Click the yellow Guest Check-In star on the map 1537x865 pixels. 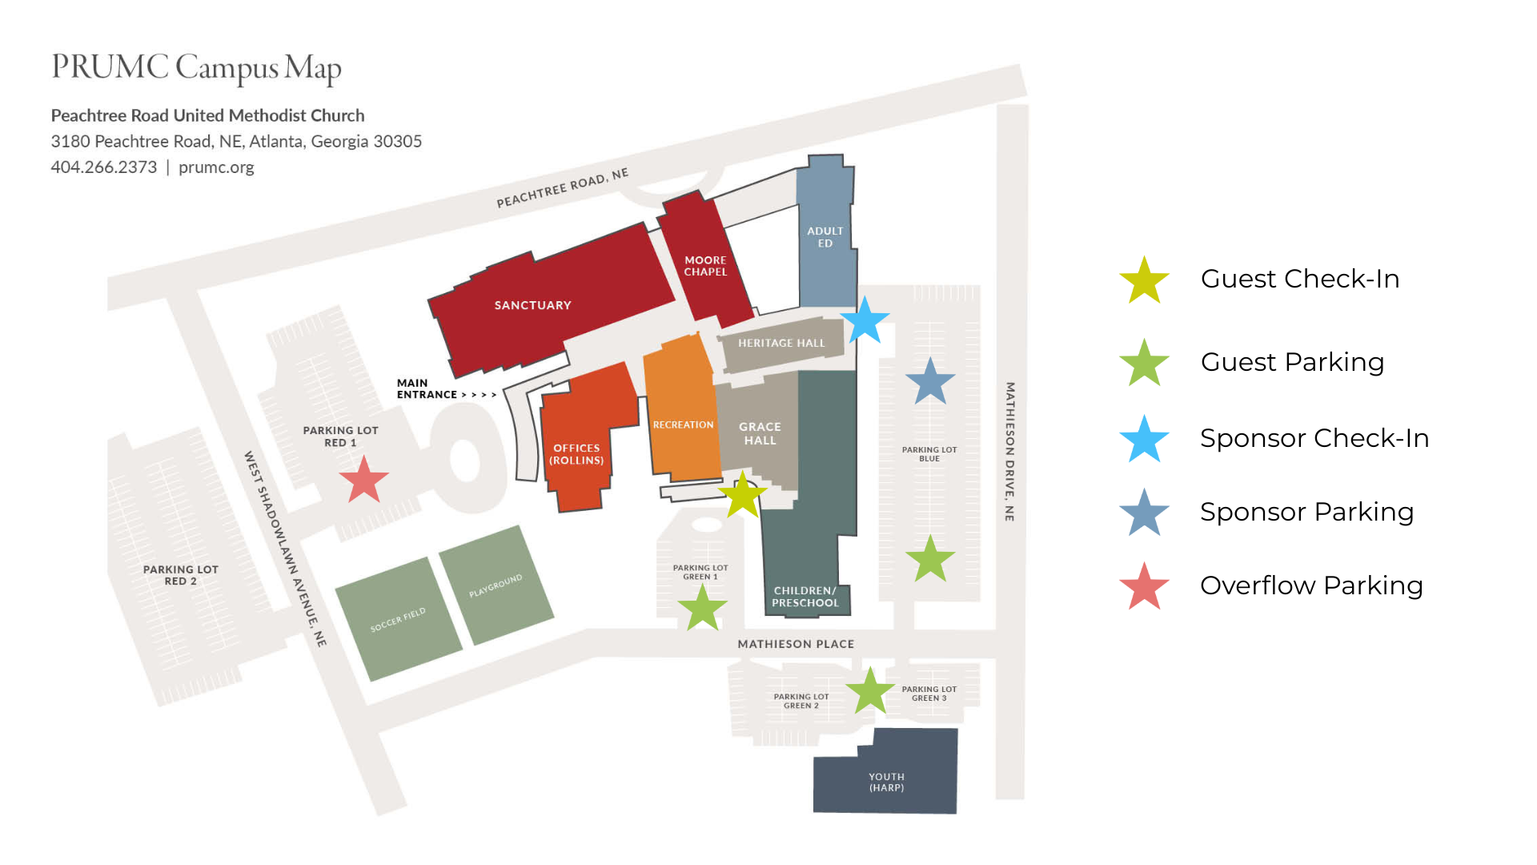coord(742,495)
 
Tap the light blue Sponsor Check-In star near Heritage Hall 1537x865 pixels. coord(865,320)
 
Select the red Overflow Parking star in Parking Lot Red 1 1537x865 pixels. coord(363,480)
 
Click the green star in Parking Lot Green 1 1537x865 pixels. coord(702,608)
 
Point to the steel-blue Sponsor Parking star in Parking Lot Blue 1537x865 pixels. coord(929,382)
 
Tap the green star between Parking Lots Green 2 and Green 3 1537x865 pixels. coord(869,691)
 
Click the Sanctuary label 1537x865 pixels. coord(532,305)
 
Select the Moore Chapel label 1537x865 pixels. coord(705,266)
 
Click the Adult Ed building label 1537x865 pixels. coord(825,237)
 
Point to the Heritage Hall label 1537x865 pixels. coord(781,343)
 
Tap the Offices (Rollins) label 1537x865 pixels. coord(576,454)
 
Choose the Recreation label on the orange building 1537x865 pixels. coord(683,424)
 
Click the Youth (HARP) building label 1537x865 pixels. coord(886,782)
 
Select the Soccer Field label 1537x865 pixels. coord(398,619)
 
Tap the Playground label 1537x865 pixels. coord(496,585)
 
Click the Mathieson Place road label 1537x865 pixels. coord(796,644)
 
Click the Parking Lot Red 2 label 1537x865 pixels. coord(180,575)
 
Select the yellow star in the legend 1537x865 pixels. coord(1144,280)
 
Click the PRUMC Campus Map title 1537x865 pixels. coord(196,68)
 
